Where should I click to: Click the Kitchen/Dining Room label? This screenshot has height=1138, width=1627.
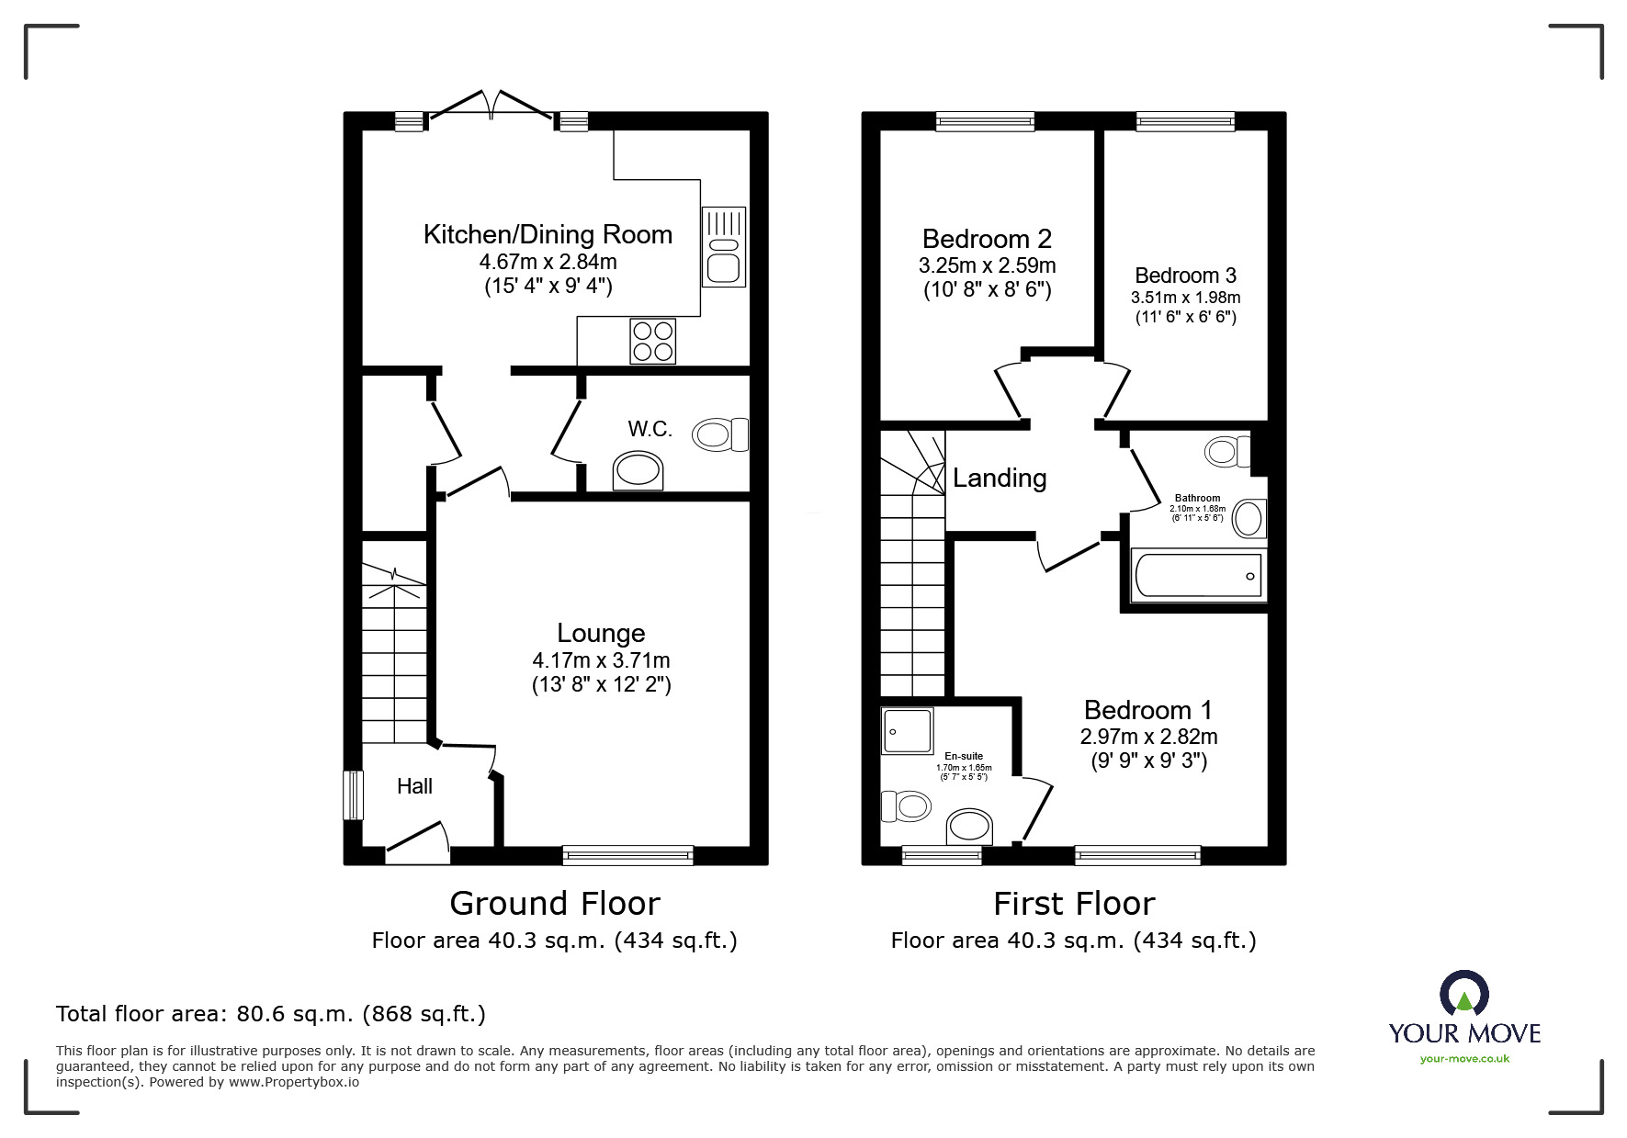coord(548,234)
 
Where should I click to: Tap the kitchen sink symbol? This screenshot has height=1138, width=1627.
coord(724,247)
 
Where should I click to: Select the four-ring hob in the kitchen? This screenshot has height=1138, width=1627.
coord(652,341)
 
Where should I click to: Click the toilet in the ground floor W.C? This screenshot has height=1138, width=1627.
coord(721,434)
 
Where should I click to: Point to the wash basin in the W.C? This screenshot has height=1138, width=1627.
coord(638,470)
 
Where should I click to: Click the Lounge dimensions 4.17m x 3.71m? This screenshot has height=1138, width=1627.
coord(601,660)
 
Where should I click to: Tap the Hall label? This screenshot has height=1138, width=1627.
coord(414,786)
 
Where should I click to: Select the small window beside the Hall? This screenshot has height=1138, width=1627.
coord(353,794)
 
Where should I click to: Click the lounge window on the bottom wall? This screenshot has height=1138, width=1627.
coord(628,855)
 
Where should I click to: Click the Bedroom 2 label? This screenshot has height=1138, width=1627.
coord(987,239)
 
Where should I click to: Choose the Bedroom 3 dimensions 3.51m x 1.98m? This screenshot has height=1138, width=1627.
coord(1185,298)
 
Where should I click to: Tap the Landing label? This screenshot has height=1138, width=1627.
coord(1000,478)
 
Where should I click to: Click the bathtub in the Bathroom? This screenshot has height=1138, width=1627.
coord(1198,576)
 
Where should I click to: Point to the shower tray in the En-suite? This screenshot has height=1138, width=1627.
coord(907,730)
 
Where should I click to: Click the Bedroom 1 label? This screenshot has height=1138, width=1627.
coord(1147,710)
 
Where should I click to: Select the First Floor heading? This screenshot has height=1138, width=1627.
coord(1073,904)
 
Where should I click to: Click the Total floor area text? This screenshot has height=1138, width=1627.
coord(271,1014)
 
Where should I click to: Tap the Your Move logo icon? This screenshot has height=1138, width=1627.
coord(1463,994)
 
